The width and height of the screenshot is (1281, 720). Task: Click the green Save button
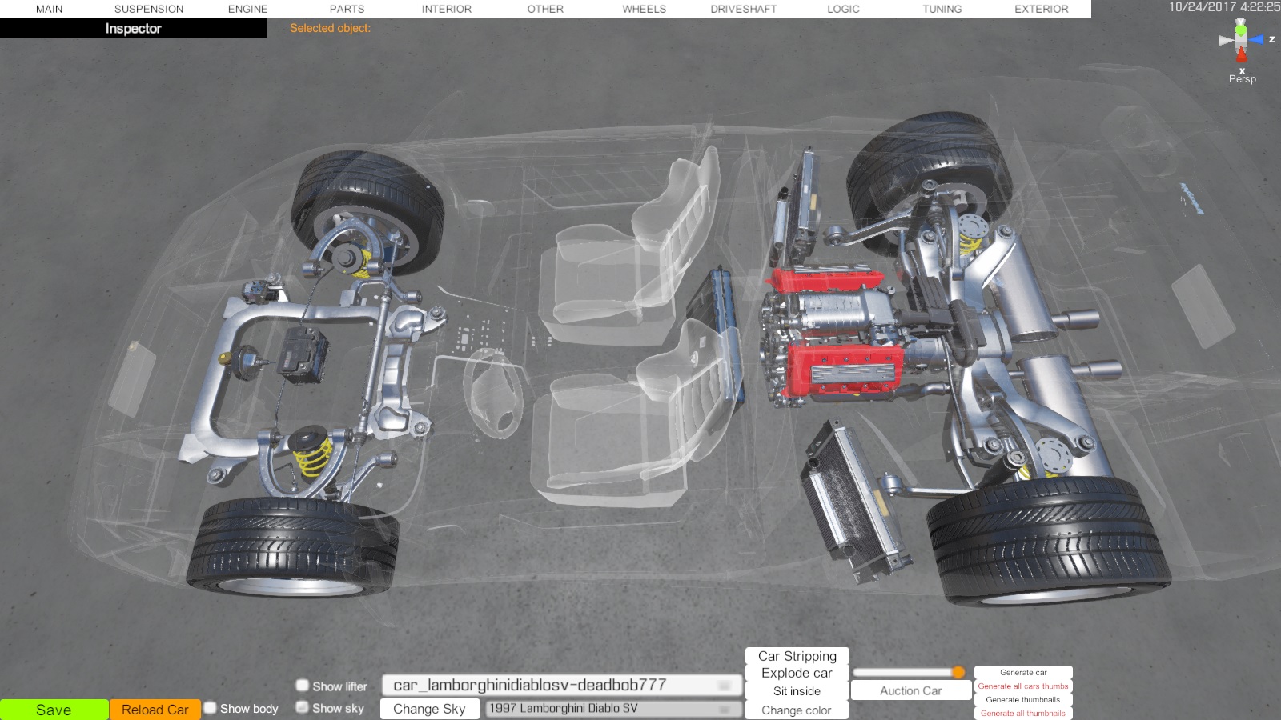click(54, 710)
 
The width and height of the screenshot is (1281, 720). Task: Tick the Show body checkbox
click(211, 708)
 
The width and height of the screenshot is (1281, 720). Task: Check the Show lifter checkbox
click(303, 685)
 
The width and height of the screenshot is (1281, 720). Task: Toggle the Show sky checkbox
click(303, 707)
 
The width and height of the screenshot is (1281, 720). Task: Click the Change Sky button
click(429, 709)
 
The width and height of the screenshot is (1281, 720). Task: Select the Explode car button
click(797, 673)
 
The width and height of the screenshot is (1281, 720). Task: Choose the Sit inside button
click(797, 691)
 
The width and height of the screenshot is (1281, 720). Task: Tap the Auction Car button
click(910, 691)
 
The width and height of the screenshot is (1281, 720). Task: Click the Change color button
click(797, 710)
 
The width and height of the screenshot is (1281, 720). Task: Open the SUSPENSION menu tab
click(149, 9)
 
